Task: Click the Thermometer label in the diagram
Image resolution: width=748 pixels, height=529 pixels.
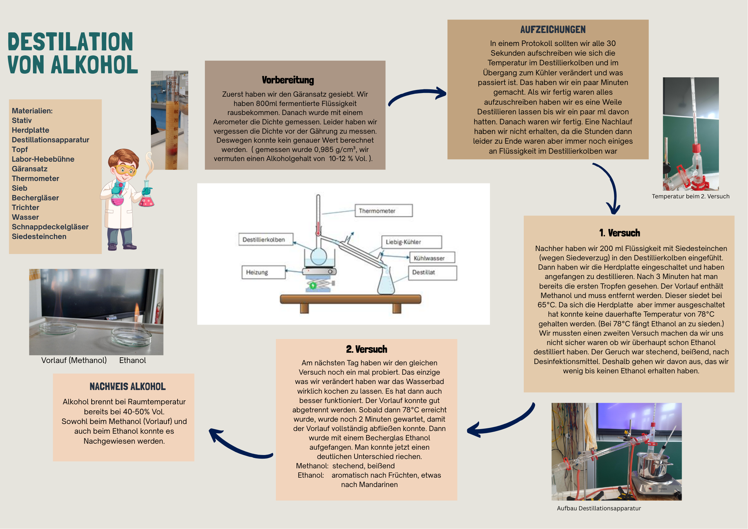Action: pyautogui.click(x=383, y=211)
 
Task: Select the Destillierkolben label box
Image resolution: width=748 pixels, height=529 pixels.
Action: pyautogui.click(x=266, y=239)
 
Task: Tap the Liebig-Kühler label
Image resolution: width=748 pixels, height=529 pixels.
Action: pyautogui.click(x=411, y=242)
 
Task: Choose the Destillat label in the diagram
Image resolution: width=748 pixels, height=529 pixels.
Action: pyautogui.click(x=432, y=273)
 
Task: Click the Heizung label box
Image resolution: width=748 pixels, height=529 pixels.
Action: pyautogui.click(x=264, y=272)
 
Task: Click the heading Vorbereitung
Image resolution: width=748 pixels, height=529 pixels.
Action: pyautogui.click(x=288, y=80)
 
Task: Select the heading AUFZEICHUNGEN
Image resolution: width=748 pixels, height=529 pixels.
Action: pyautogui.click(x=553, y=30)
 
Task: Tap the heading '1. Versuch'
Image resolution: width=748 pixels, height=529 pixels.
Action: pyautogui.click(x=619, y=233)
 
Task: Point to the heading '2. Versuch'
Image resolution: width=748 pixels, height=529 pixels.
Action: pyautogui.click(x=367, y=349)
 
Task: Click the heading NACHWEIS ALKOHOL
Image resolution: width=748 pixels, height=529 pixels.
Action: pyautogui.click(x=128, y=387)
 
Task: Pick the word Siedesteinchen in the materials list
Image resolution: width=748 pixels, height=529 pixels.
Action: pyautogui.click(x=39, y=236)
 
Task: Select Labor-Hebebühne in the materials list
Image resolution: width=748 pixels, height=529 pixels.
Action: pyautogui.click(x=43, y=159)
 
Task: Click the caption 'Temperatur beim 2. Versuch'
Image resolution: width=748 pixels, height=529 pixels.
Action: pyautogui.click(x=691, y=196)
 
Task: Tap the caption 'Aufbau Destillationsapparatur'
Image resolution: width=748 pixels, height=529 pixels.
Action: pyautogui.click(x=599, y=508)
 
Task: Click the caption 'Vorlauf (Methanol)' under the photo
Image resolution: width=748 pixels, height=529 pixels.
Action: pyautogui.click(x=74, y=360)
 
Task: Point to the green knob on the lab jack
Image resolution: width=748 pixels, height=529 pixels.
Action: pyautogui.click(x=313, y=285)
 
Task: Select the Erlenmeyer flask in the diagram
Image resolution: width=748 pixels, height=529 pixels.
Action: pyautogui.click(x=386, y=282)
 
